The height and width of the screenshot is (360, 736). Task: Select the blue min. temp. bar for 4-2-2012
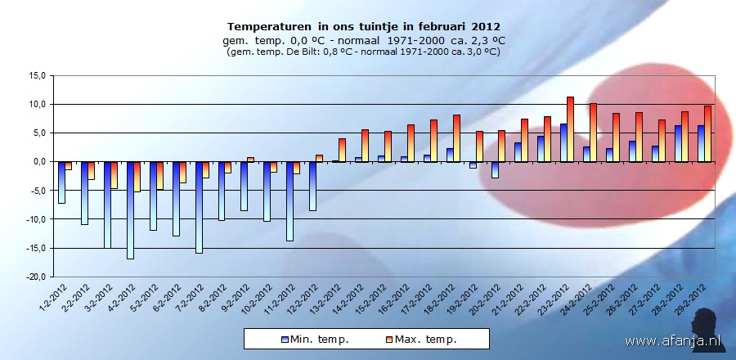pos(130,209)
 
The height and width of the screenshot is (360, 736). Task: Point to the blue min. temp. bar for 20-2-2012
pos(495,169)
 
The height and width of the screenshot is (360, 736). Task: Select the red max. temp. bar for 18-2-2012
pos(456,138)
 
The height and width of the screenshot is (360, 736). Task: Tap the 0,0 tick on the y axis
pos(36,162)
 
